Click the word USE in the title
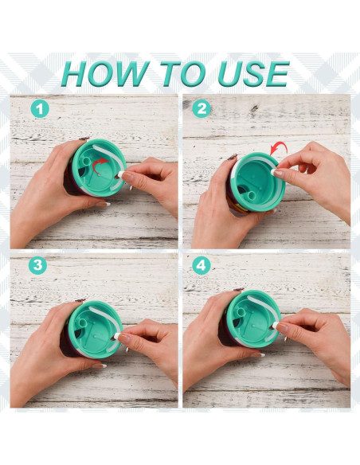coord(254,74)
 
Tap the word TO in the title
coord(183,74)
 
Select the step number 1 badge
coord(40,109)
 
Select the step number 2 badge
coord(202,108)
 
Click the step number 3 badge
coord(37,265)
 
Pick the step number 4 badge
coord(202,265)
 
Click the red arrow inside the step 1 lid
coord(99,165)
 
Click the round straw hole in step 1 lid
coord(86,160)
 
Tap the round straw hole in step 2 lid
coord(252,195)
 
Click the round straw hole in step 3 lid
coord(83,322)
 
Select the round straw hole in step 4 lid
coord(241,311)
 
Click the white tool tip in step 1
coord(121,174)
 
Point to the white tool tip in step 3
coord(116,336)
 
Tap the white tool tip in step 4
coord(275,326)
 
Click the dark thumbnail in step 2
coord(233,157)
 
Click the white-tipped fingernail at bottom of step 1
coord(106,204)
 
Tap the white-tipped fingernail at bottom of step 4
coord(259,354)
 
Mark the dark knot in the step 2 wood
coord(254,108)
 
